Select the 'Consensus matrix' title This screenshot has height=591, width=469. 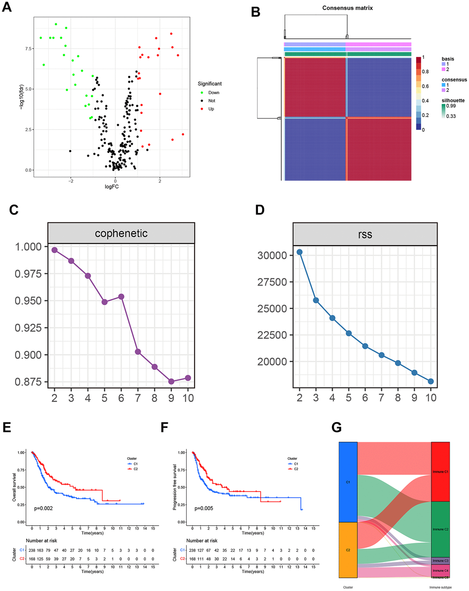347,8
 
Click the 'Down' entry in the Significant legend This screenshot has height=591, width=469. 213,93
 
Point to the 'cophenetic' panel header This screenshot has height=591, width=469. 121,233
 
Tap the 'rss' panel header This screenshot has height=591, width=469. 365,235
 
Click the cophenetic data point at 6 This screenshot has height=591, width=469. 121,297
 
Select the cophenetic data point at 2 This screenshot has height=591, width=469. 55,250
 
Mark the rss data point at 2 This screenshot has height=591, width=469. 300,252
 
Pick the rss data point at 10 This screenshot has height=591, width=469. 431,381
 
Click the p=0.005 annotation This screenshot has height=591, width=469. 205,508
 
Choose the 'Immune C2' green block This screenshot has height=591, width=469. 440,529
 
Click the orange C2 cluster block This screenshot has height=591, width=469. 348,550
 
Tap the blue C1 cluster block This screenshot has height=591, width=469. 348,482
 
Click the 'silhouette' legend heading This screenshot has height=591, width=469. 453,100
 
